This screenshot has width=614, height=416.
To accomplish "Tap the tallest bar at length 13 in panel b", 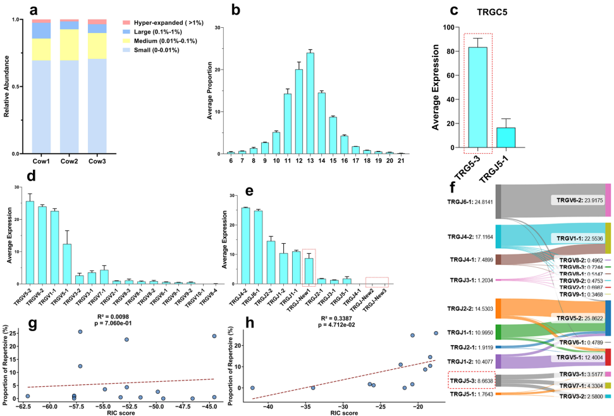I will click(310, 103).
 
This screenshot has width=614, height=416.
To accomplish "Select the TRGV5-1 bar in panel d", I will click(66, 264).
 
